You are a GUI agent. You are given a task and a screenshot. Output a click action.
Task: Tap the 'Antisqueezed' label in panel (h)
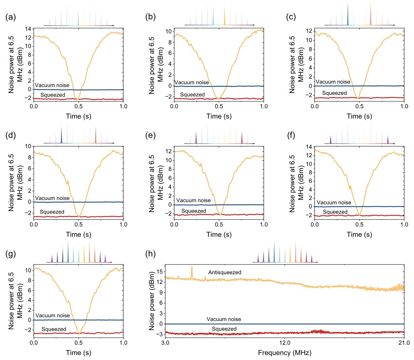click(224, 272)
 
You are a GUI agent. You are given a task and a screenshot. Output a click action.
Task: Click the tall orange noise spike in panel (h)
click(192, 271)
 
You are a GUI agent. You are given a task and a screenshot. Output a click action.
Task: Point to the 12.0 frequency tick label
click(285, 342)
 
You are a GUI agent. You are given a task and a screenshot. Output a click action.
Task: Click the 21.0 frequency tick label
click(404, 342)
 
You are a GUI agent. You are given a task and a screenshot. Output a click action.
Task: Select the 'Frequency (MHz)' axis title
click(284, 353)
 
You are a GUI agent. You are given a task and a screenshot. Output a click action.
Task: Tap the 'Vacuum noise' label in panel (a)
click(52, 85)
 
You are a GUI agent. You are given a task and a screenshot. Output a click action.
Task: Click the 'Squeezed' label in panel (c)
click(334, 93)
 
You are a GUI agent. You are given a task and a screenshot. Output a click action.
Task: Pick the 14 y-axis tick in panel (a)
click(28, 29)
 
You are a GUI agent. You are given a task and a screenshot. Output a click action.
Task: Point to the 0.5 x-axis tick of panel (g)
click(78, 342)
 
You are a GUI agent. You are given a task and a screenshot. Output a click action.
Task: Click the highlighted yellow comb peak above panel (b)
click(224, 16)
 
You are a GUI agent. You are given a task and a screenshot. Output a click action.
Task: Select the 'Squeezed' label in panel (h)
click(224, 329)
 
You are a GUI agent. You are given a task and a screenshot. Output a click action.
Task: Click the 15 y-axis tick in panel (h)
click(159, 271)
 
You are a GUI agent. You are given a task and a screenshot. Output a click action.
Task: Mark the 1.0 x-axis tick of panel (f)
click(404, 224)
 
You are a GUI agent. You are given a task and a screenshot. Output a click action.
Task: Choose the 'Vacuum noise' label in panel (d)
click(52, 198)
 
